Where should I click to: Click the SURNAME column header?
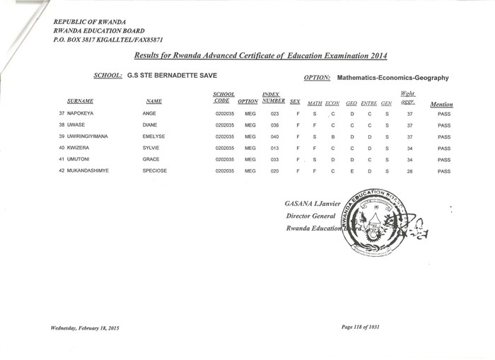[x=81, y=102]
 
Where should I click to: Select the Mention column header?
[x=441, y=105]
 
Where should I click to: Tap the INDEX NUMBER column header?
[x=272, y=98]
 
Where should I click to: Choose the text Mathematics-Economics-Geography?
[x=393, y=79]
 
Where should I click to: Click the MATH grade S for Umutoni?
[x=314, y=160]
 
